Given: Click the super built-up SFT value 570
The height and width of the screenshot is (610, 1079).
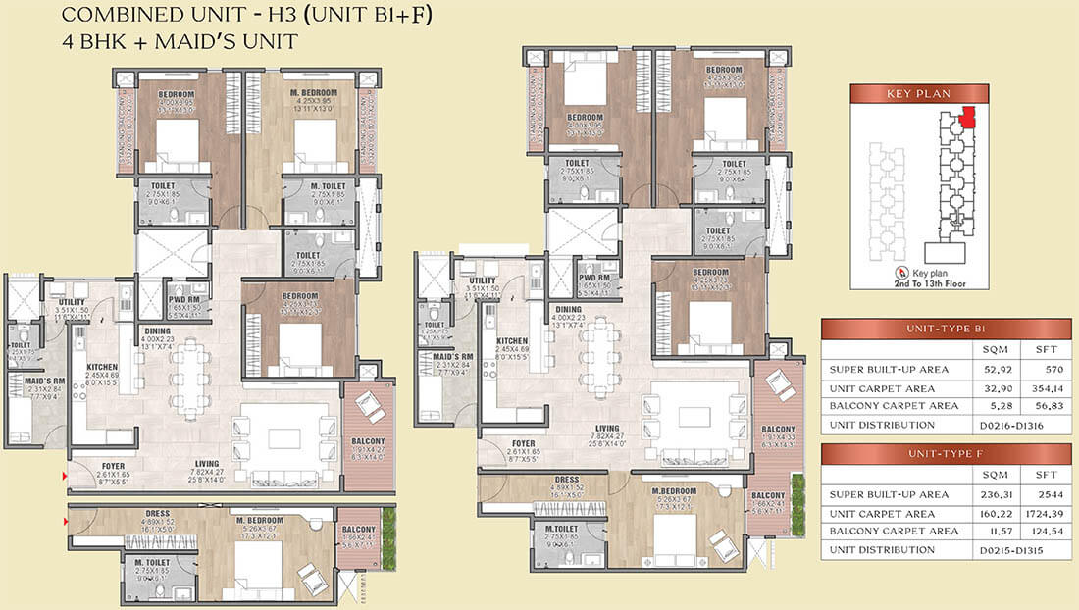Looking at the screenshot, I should pos(1031,371).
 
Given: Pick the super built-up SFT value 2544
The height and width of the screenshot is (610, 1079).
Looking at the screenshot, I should pos(1031,494).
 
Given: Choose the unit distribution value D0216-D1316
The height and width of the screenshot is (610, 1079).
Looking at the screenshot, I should pos(1008,426).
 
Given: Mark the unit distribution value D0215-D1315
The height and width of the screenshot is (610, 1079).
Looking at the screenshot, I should pos(1008,551).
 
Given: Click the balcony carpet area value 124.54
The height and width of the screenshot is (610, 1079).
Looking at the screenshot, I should pos(1031,533).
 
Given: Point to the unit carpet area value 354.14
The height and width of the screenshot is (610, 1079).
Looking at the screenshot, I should pos(1031,388).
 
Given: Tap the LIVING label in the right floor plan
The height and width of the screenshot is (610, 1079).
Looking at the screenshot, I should pos(605,429).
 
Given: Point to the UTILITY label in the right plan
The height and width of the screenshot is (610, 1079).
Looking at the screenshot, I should pos(483,281).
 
